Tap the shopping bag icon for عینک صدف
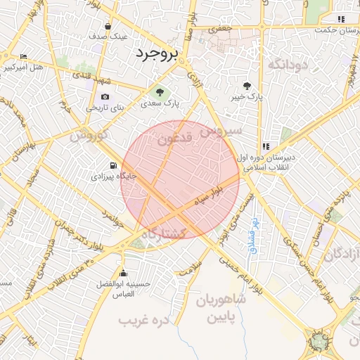click(106, 26)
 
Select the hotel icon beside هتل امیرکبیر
click(24, 57)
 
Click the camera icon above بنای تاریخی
click(105, 97)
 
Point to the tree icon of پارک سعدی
click(160, 91)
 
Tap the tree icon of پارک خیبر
click(246, 86)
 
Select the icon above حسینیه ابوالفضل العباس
click(124, 273)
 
